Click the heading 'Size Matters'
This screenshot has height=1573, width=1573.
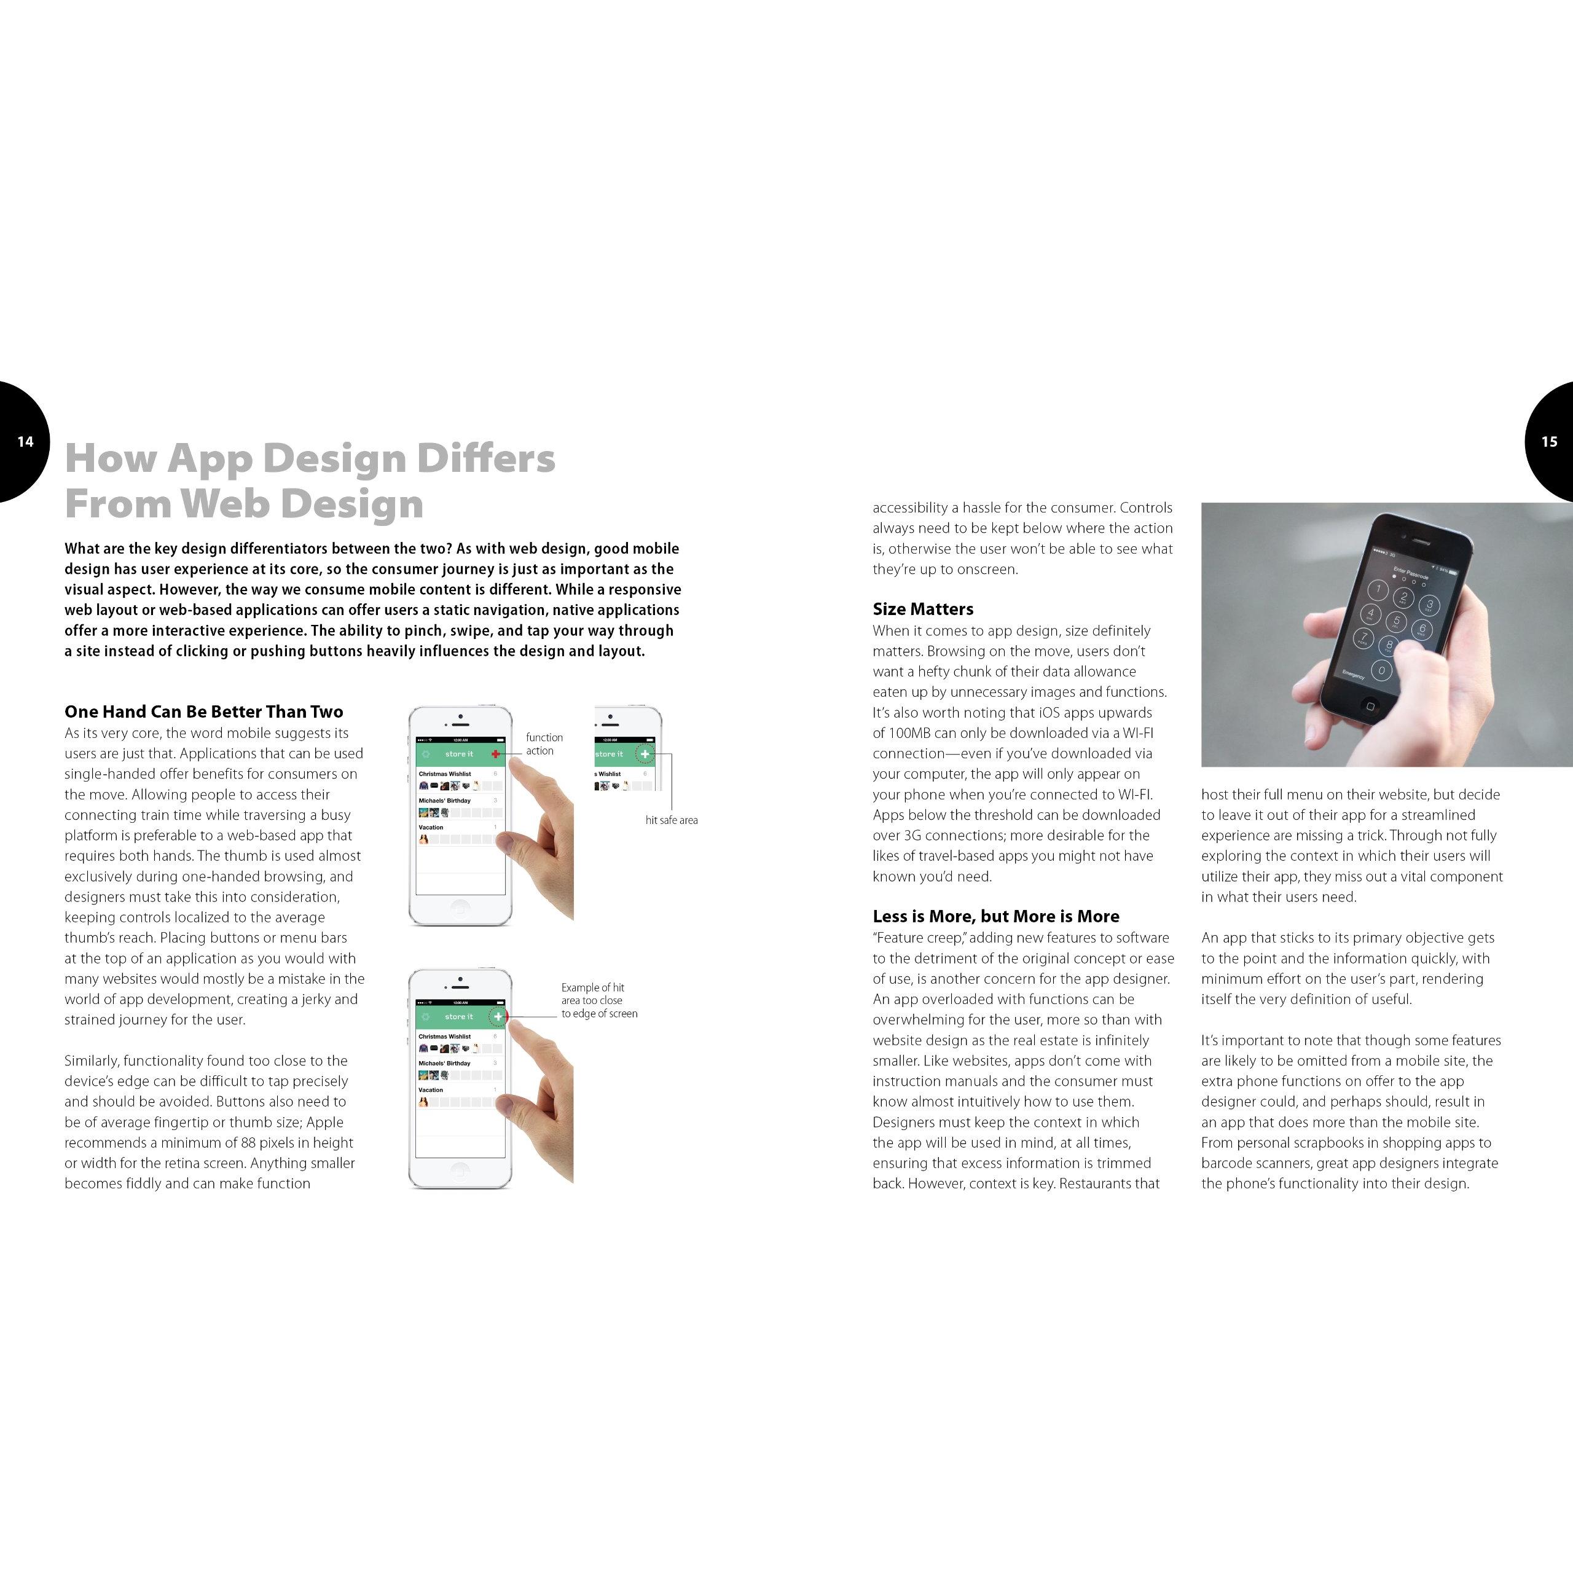click(x=922, y=609)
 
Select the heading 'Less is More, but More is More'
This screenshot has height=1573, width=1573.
click(x=996, y=916)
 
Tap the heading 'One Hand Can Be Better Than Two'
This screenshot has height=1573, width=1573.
click(x=203, y=712)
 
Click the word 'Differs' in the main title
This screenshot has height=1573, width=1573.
click(x=486, y=458)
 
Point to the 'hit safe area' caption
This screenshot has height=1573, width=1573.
click(x=671, y=820)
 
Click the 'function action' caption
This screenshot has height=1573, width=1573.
click(x=544, y=744)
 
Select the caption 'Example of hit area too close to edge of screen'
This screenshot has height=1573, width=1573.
click(x=598, y=1000)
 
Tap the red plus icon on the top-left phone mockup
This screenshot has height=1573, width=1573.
click(x=496, y=754)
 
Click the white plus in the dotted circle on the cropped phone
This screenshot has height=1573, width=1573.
click(x=645, y=754)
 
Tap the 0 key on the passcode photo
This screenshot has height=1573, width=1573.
click(x=1381, y=671)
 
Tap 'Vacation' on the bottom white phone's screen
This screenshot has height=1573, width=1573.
click(x=431, y=1089)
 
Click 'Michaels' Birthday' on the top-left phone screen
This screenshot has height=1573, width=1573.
click(x=444, y=801)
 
